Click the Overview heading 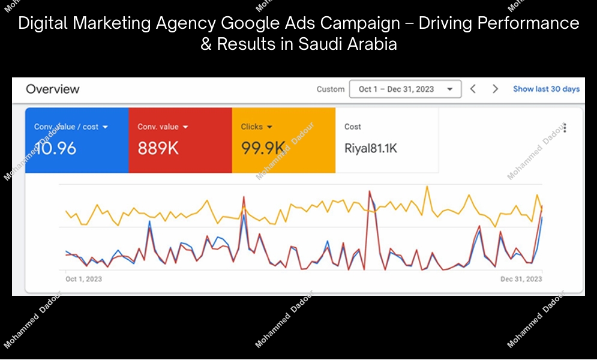pyautogui.click(x=53, y=89)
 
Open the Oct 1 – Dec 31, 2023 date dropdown pyautogui.click(x=405, y=89)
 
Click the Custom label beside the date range pyautogui.click(x=331, y=89)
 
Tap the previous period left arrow pyautogui.click(x=473, y=89)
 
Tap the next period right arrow pyautogui.click(x=495, y=89)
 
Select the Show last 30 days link pyautogui.click(x=546, y=89)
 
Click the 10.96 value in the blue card pyautogui.click(x=56, y=148)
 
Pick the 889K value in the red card pyautogui.click(x=158, y=148)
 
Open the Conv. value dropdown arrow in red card pyautogui.click(x=185, y=127)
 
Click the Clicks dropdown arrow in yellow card pyautogui.click(x=270, y=127)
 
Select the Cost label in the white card pyautogui.click(x=353, y=127)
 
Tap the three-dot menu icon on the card pyautogui.click(x=565, y=128)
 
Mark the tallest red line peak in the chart pyautogui.click(x=370, y=191)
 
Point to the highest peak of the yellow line pyautogui.click(x=427, y=187)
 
